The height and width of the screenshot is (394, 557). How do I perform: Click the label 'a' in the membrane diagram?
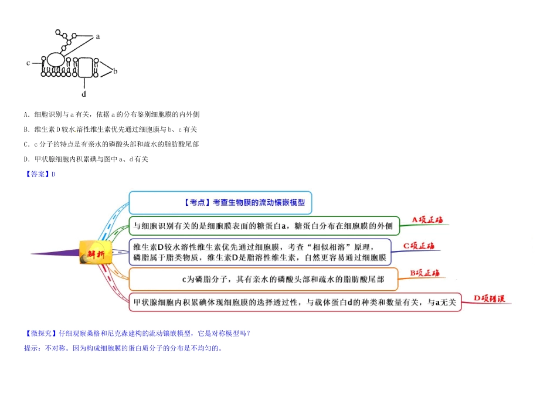(x=97, y=36)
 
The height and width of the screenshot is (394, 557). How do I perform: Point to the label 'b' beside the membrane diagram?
(x=116, y=72)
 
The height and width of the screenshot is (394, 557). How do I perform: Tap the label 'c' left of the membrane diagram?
(x=28, y=62)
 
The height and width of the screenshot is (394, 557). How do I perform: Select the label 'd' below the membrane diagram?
(x=83, y=94)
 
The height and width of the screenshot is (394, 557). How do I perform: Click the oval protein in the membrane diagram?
(x=56, y=60)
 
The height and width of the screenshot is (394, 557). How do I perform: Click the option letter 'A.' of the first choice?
(x=27, y=114)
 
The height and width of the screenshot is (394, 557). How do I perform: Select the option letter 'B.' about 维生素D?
(x=27, y=129)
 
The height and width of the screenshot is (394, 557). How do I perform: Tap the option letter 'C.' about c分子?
(x=27, y=144)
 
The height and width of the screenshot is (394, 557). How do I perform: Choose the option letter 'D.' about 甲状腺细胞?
(x=27, y=159)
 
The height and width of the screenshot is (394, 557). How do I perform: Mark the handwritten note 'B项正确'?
(x=424, y=273)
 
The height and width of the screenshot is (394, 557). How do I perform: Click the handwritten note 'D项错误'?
(x=489, y=298)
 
